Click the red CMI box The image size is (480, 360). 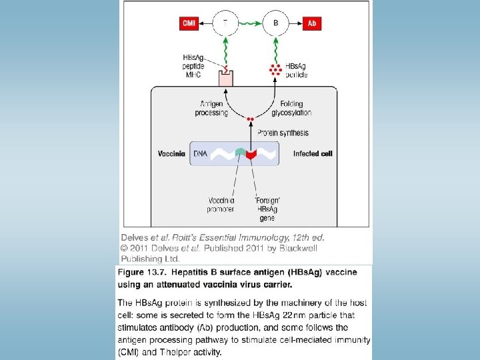click(189, 24)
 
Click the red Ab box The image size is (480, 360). click(312, 24)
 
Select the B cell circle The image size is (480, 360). click(276, 24)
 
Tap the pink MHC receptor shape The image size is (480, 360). click(227, 77)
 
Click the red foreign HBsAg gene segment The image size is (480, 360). click(251, 155)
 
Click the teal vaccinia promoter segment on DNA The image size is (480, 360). click(239, 153)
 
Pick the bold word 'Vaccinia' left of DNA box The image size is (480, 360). click(171, 153)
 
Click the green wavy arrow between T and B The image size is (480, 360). click(251, 24)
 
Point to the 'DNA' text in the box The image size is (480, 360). click(200, 153)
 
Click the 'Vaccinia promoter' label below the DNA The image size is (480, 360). click(221, 204)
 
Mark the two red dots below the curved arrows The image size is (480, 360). click(251, 119)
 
